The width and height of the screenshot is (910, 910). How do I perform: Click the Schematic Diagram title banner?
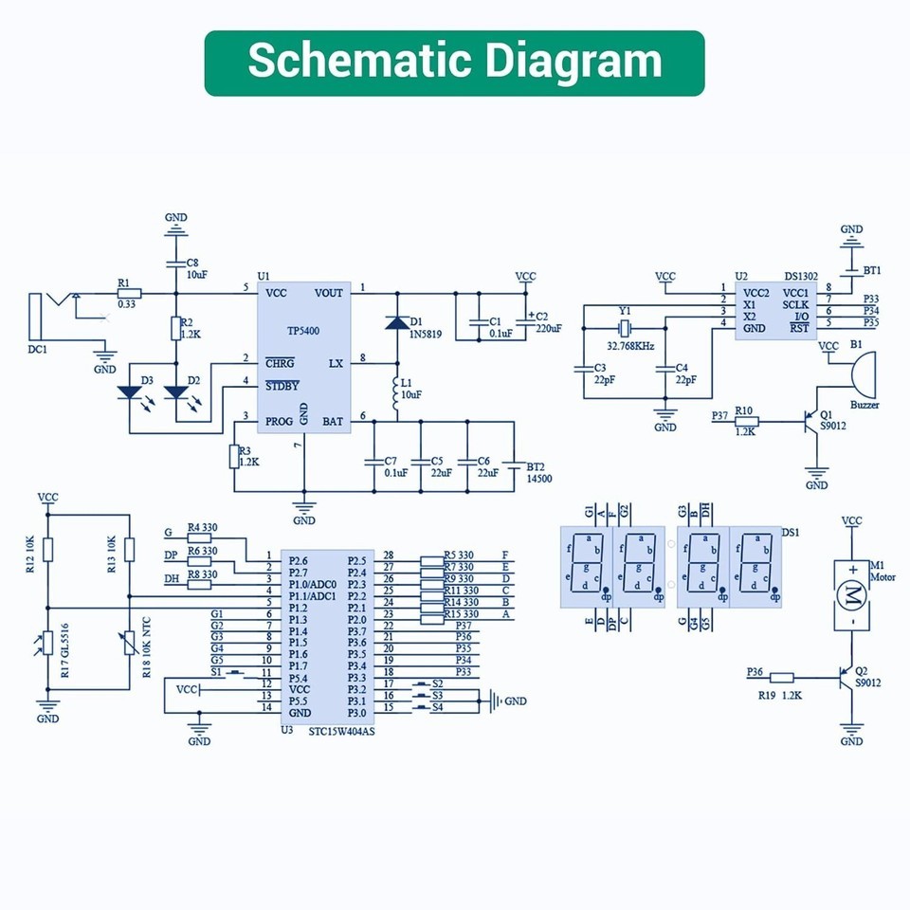(x=454, y=63)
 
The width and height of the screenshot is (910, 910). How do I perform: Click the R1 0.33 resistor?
(x=128, y=294)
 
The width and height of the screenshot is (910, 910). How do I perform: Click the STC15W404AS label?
(x=341, y=731)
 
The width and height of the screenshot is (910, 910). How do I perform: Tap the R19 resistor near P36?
(x=782, y=677)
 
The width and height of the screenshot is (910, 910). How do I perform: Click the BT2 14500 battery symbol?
(x=513, y=465)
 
